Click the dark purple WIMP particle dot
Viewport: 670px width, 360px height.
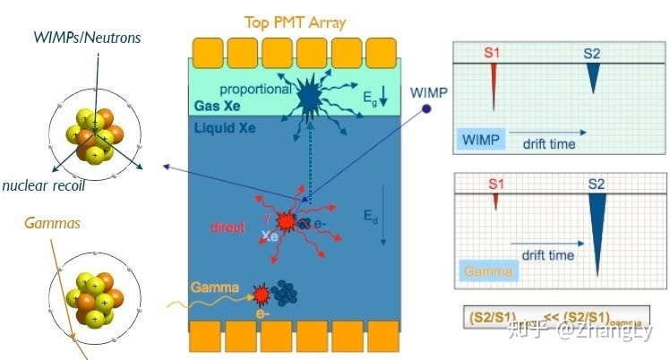(x=427, y=109)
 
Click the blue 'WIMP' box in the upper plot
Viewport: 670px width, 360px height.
(x=482, y=140)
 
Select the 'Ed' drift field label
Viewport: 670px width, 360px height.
(x=371, y=216)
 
